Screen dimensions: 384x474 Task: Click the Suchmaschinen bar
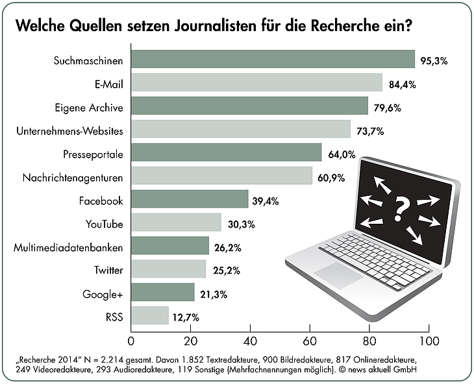pyautogui.click(x=273, y=59)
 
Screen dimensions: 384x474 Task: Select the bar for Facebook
pyautogui.click(x=190, y=199)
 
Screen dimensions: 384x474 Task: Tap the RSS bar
pyautogui.click(x=150, y=316)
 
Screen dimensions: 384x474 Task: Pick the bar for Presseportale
pyautogui.click(x=226, y=152)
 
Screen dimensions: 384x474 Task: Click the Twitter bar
pyautogui.click(x=168, y=269)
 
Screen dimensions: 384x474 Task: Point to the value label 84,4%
pyautogui.click(x=403, y=84)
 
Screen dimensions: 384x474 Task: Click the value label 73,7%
pyautogui.click(x=371, y=130)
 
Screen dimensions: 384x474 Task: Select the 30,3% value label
pyautogui.click(x=242, y=224)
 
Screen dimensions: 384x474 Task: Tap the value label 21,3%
pyautogui.click(x=214, y=294)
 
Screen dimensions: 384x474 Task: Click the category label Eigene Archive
pyautogui.click(x=89, y=107)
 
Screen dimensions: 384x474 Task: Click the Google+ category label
pyautogui.click(x=103, y=294)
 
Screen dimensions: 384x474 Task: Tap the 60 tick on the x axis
pyautogui.click(x=310, y=340)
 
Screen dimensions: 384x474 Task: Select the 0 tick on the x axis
pyautogui.click(x=132, y=340)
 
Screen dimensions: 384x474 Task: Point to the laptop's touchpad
pyautogui.click(x=342, y=275)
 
